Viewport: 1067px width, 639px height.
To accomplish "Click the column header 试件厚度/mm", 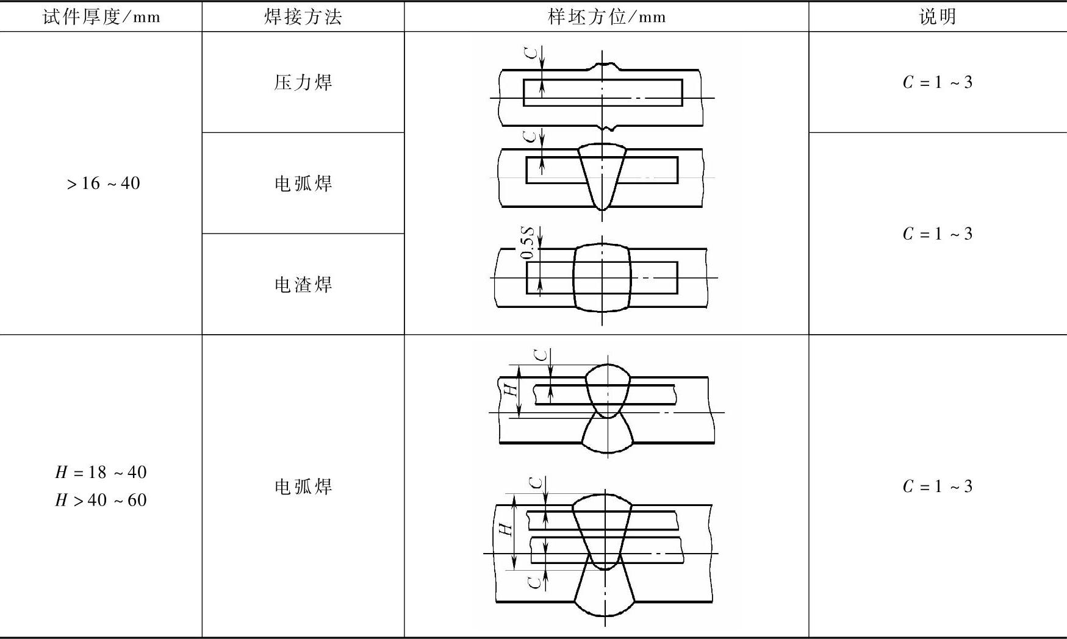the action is (101, 16).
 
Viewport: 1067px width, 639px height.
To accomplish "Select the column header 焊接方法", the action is (303, 16).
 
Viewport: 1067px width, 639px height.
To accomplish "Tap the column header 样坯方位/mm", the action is (606, 16).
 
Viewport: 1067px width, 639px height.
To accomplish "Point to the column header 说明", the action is (937, 16).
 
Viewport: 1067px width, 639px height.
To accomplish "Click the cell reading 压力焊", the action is (303, 82).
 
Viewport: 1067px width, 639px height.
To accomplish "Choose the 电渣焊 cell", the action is (303, 284).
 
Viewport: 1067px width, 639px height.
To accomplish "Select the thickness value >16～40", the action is (102, 183).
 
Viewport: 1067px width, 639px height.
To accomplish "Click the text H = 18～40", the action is (101, 472).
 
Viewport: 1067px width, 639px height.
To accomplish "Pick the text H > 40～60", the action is (101, 500).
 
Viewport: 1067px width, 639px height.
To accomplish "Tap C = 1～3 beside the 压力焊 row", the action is (937, 82).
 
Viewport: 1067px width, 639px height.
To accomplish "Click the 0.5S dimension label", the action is (528, 243).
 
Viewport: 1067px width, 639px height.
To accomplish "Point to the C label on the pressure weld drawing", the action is (533, 52).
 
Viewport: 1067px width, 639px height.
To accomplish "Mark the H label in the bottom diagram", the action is (506, 528).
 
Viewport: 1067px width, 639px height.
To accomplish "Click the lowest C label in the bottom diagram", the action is (535, 582).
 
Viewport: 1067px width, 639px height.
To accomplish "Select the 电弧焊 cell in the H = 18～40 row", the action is (303, 486).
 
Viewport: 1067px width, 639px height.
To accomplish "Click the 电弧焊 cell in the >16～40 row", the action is (303, 183).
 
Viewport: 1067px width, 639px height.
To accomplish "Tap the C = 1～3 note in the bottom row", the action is (937, 486).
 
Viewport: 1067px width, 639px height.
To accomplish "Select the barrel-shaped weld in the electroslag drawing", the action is (602, 278).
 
